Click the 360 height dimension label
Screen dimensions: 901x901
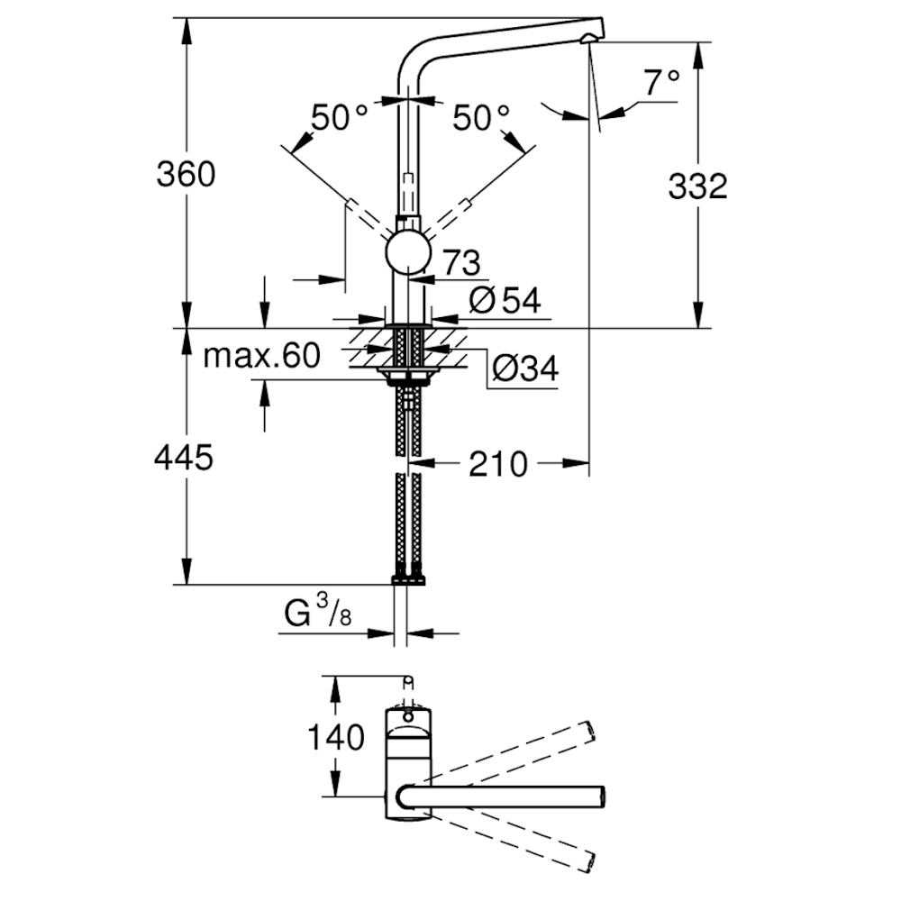coord(186,174)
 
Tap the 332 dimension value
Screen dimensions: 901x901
coord(697,187)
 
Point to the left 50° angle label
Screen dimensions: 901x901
coord(339,118)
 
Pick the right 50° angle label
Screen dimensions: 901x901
coord(481,118)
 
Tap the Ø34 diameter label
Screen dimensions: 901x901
coord(525,369)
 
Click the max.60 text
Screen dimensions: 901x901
coord(261,356)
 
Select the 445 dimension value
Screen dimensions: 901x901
coord(184,458)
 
